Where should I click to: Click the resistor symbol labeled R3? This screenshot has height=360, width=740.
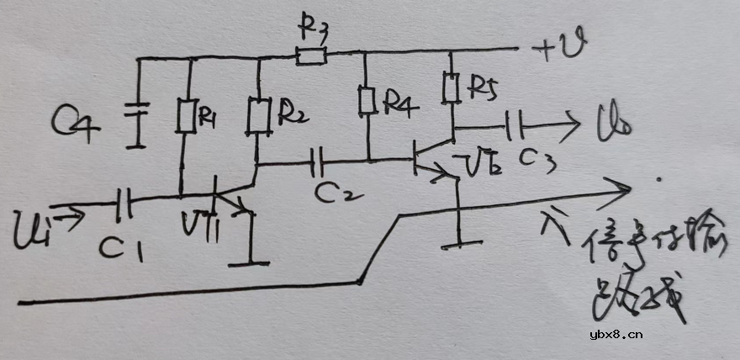(x=311, y=56)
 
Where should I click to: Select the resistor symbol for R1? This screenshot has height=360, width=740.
(x=187, y=116)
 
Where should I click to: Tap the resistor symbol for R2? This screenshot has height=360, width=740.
(x=259, y=116)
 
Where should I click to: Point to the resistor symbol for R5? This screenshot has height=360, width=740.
(x=452, y=86)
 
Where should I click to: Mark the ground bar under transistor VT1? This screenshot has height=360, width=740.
(x=251, y=263)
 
